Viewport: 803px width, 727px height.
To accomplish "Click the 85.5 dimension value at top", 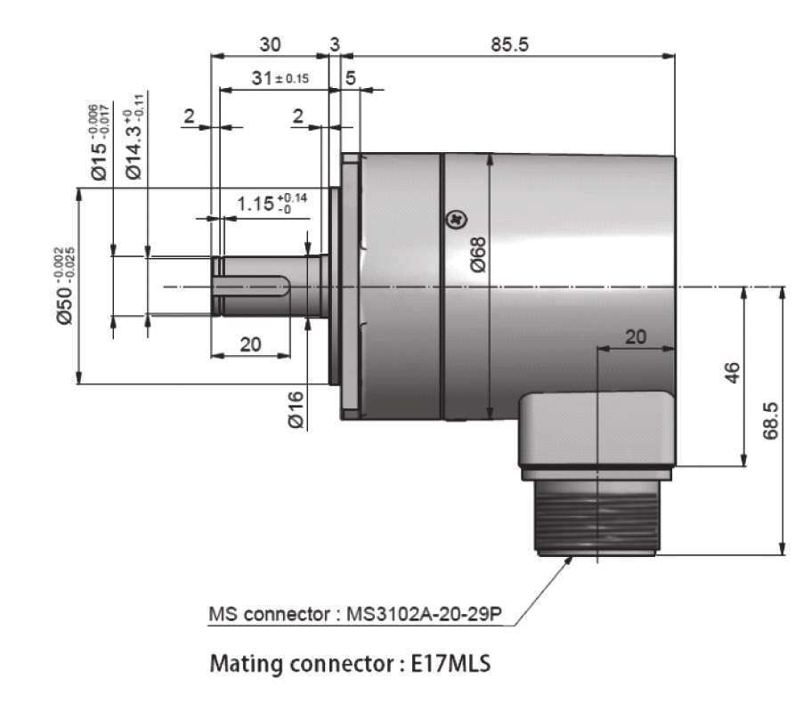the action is click(x=509, y=44).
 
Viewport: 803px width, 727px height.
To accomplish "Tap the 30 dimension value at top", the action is click(x=270, y=44).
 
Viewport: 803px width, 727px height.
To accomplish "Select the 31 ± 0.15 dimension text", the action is click(x=280, y=78).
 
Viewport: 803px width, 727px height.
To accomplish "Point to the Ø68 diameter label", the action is click(x=477, y=254).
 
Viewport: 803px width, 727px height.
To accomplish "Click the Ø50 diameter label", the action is click(x=65, y=286).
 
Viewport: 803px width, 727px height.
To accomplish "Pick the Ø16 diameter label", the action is click(x=296, y=409).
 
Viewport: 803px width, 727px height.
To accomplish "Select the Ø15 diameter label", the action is click(x=100, y=142).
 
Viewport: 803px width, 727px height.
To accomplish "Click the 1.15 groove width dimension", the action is click(x=272, y=203).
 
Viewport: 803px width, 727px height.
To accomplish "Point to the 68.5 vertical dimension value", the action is click(x=770, y=421).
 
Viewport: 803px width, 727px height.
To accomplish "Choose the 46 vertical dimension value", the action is click(x=733, y=372).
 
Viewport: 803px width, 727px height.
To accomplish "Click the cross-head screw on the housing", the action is click(x=457, y=220).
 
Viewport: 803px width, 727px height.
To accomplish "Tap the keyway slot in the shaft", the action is click(x=251, y=286).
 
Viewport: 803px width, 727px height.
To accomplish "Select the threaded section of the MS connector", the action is click(x=596, y=517).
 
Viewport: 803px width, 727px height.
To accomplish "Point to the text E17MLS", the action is click(x=450, y=664).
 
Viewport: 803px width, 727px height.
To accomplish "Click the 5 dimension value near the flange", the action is click(x=350, y=78).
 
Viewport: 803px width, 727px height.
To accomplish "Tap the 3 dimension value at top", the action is click(x=335, y=44).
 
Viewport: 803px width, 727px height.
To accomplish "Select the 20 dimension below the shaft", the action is click(x=250, y=344).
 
